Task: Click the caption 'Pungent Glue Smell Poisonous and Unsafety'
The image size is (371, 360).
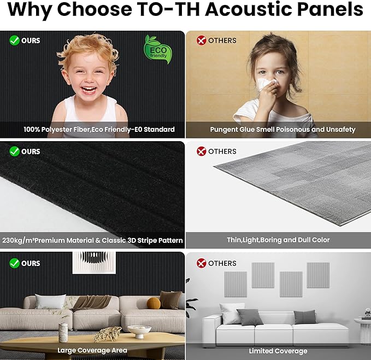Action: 282,130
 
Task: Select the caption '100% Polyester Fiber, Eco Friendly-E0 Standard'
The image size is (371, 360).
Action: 99,130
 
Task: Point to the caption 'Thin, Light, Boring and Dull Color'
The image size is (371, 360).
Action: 278,240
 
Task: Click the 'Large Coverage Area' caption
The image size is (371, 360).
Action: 92,350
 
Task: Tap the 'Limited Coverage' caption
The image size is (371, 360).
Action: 278,351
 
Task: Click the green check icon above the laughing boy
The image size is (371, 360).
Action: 14,40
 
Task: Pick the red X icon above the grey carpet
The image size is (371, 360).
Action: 202,152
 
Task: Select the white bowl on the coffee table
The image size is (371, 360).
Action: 139,331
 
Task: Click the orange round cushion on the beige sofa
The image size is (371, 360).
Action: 154,303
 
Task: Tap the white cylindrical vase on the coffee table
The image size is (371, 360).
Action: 63,332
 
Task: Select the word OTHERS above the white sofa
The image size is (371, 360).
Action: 222,263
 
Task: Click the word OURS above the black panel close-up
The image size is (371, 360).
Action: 31,152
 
